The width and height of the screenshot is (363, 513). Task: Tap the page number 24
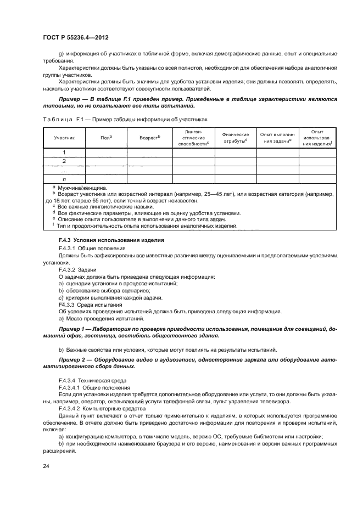click(x=46, y=466)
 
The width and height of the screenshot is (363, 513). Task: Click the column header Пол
click(x=106, y=138)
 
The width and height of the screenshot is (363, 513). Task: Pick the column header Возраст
click(x=149, y=138)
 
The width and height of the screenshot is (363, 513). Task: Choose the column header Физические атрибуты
click(x=235, y=138)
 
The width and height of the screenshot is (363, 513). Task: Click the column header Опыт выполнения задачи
click(x=277, y=138)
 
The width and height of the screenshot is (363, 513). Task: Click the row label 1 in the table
click(x=64, y=153)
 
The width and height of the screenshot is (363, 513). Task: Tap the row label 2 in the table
click(x=64, y=161)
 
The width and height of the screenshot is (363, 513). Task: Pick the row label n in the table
click(x=64, y=179)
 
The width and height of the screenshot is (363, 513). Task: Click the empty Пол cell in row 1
click(x=106, y=153)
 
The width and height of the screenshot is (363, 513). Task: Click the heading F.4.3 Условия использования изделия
click(x=103, y=241)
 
